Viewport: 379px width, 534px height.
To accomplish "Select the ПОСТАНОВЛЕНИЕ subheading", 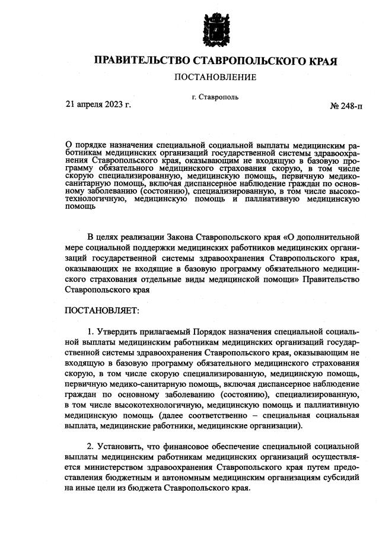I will coord(215,78).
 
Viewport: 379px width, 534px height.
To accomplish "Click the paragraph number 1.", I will coord(90,330).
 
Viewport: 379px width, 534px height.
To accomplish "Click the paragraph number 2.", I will coord(90,445).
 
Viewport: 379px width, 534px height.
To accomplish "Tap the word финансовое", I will coord(180,445).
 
